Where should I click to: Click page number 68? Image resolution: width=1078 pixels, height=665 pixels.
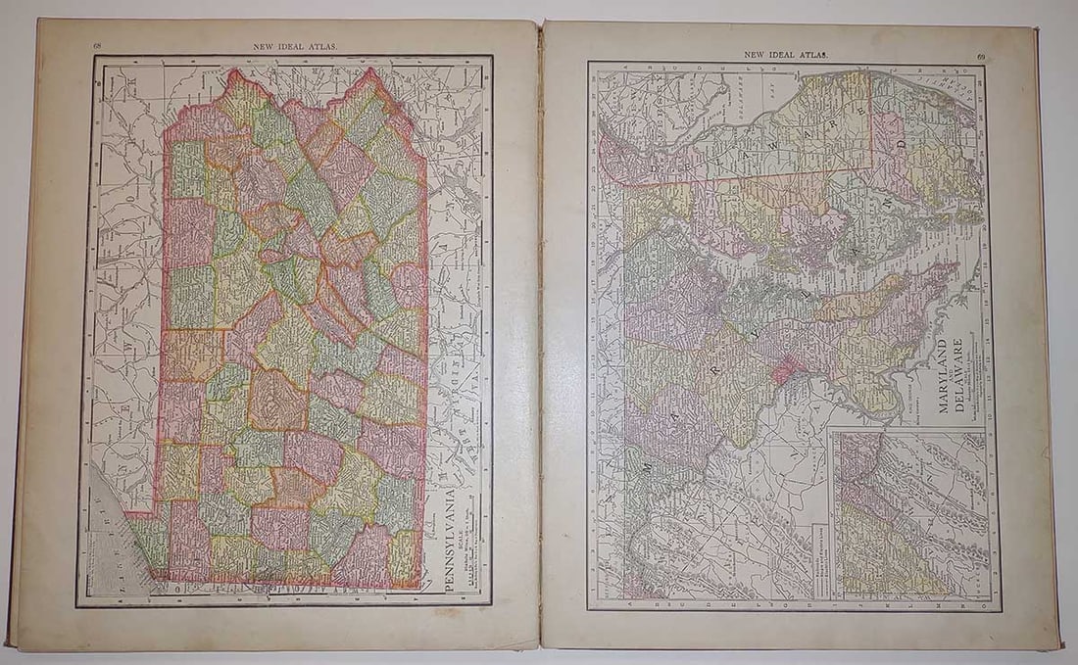[x=98, y=46]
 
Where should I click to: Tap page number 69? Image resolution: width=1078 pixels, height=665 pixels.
[x=980, y=57]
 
